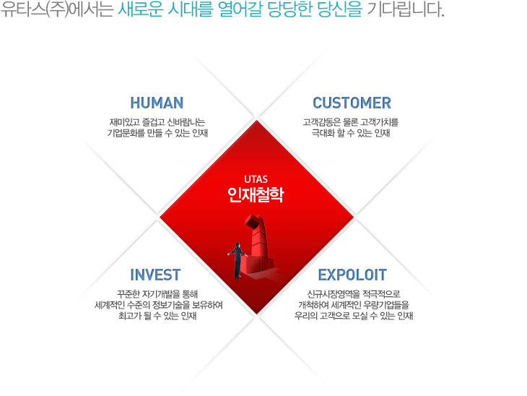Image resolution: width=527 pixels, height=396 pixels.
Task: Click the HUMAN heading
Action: [157, 103]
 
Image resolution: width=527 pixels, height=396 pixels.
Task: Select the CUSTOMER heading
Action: [352, 103]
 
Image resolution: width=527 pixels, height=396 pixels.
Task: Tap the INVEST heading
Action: [155, 275]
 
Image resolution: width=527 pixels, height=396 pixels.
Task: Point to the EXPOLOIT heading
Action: [352, 275]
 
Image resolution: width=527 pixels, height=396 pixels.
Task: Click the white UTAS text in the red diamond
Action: [256, 179]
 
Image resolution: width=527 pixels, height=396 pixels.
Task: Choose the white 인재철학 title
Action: [256, 195]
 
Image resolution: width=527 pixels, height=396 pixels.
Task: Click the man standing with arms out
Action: [238, 260]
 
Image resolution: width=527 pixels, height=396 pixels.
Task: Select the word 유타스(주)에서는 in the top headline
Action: [57, 9]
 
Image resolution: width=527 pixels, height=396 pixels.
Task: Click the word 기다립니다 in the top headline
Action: [406, 9]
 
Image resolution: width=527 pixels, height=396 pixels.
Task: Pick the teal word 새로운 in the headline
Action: [141, 9]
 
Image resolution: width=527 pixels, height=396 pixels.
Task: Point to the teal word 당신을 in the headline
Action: [339, 9]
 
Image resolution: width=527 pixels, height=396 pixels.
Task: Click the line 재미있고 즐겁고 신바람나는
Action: [157, 122]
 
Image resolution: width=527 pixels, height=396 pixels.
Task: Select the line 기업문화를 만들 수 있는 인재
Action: [157, 133]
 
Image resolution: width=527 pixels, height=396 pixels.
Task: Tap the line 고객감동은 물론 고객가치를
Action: [351, 122]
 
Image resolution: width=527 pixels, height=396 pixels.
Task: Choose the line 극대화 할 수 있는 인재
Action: [351, 133]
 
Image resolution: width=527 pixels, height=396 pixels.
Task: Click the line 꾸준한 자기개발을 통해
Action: [157, 294]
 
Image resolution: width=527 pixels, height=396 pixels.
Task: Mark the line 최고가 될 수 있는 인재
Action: [157, 316]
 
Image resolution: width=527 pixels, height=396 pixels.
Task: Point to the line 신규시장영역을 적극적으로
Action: [354, 294]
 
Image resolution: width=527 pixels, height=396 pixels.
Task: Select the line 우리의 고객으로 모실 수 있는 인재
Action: [354, 316]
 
